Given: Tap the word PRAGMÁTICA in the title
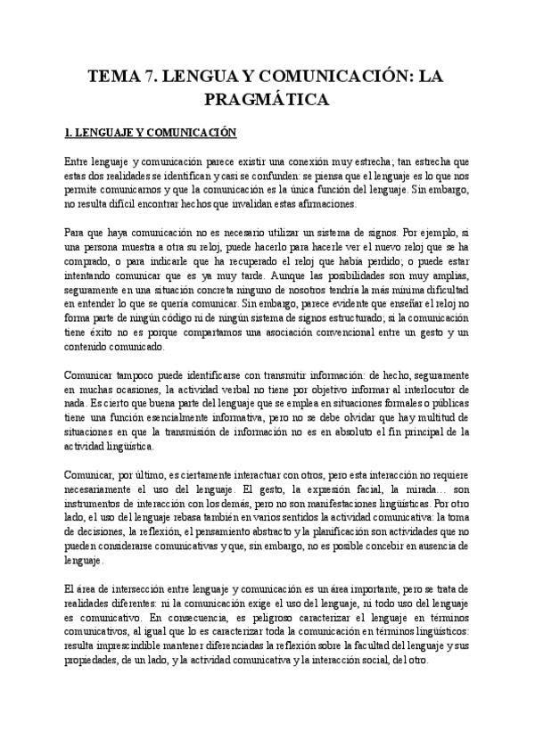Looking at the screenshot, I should tap(267, 98).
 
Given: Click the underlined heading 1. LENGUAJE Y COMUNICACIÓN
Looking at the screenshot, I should tap(149, 134).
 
